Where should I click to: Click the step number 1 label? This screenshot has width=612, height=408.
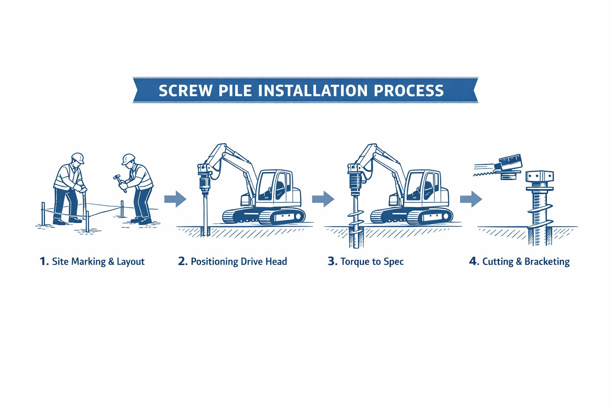coord(43,261)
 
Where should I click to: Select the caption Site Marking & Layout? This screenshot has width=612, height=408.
coord(98,262)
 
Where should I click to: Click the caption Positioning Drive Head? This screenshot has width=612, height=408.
coord(239,262)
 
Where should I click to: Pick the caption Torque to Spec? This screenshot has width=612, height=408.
coord(372,262)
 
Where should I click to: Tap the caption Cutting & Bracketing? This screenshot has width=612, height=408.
coord(526,262)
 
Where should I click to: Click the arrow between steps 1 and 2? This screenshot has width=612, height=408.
coord(175,199)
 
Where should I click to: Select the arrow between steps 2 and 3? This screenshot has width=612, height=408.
coord(323,199)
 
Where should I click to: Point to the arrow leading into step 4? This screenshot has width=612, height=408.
coord(471,199)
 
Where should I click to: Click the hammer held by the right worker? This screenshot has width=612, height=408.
coord(118,180)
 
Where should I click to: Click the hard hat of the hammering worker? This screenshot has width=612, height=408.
coord(128,159)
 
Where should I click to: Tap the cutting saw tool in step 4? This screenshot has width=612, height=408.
coord(506,165)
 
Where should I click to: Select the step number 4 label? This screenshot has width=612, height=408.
coord(473,261)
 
